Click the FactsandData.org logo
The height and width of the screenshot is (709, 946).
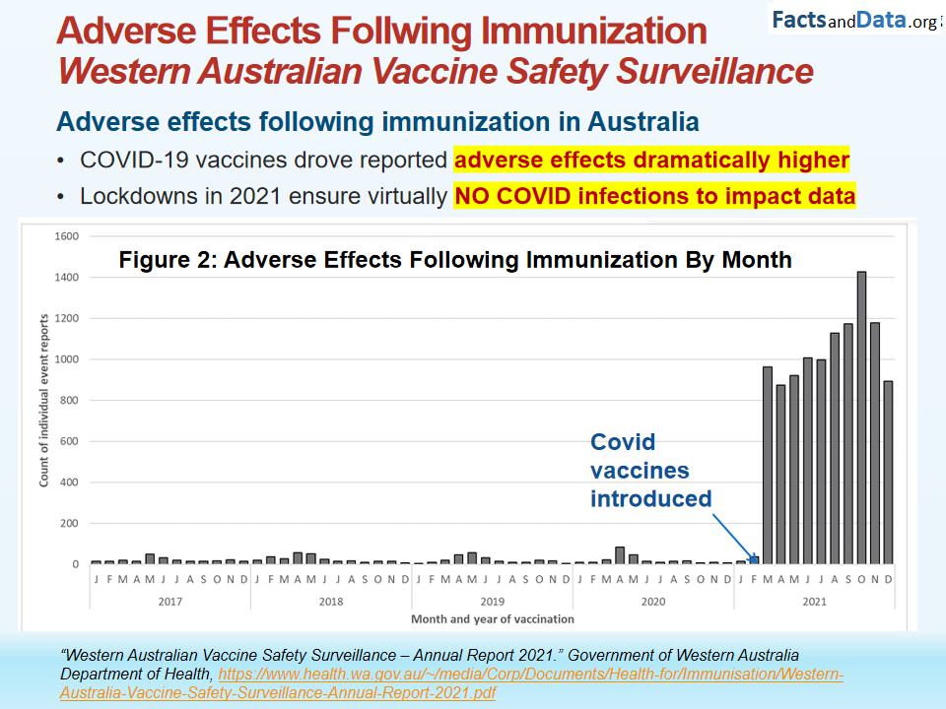click(853, 20)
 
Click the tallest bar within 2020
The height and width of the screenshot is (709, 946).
click(620, 555)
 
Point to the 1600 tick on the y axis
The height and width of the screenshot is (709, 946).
click(66, 236)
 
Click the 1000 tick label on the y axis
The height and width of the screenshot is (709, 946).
click(66, 359)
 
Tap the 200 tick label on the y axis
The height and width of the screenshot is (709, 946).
click(69, 523)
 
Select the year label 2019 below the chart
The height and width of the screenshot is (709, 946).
click(492, 600)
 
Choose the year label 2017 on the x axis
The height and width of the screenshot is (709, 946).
click(171, 600)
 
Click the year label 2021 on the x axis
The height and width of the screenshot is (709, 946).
click(814, 600)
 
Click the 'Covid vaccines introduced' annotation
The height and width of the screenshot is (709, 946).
click(650, 471)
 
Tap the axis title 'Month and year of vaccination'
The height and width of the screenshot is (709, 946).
click(492, 619)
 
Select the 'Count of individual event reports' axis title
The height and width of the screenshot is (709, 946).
click(44, 400)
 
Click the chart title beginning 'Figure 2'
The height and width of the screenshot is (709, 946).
click(455, 260)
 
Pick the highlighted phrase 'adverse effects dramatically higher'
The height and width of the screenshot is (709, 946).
click(651, 160)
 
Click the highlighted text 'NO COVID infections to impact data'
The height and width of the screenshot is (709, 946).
click(654, 196)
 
